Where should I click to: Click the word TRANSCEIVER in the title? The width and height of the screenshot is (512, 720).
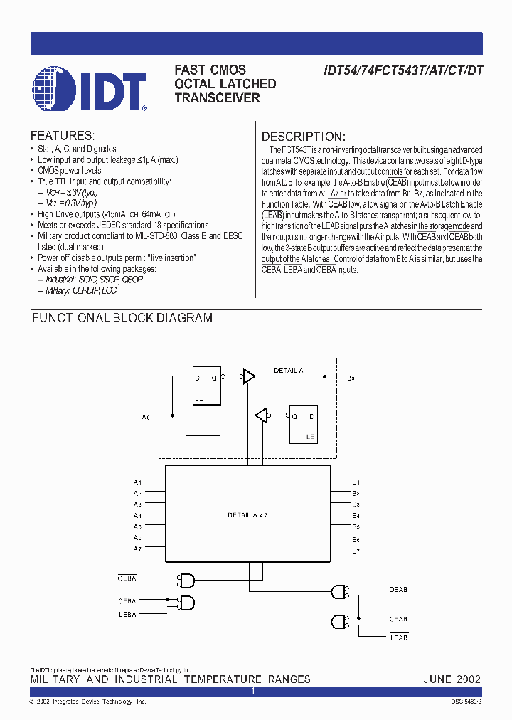217,98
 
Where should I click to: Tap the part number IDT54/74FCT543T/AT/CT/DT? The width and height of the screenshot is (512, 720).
403,70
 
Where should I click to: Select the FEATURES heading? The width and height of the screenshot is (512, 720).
62,135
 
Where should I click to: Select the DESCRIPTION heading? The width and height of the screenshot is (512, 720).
304,136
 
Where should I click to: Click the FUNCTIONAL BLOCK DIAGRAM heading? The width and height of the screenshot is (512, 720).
122,318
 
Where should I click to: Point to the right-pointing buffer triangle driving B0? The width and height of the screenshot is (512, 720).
249,377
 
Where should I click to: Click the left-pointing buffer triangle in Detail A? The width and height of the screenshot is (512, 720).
262,415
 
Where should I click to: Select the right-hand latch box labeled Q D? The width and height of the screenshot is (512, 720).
302,423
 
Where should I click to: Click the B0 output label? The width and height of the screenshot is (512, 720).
351,378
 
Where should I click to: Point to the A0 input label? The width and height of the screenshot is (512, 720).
146,417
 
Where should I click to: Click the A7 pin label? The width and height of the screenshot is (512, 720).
137,549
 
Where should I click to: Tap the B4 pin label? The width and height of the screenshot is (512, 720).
356,515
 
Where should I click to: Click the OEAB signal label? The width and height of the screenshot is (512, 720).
398,589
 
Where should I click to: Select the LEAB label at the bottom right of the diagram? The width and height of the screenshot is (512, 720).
399,637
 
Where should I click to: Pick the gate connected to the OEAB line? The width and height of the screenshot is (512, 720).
339,591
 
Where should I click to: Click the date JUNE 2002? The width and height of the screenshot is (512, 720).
452,679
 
